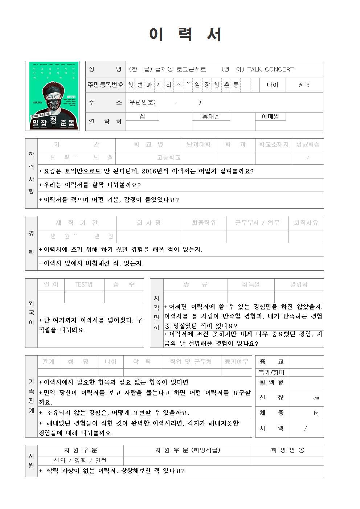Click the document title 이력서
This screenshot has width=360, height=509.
click(185, 34)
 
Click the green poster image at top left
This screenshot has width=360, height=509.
click(54, 95)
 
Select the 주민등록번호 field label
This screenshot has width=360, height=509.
click(106, 85)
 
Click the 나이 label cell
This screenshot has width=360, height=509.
click(273, 85)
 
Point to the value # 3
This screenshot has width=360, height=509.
click(304, 85)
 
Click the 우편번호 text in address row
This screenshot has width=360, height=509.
click(142, 102)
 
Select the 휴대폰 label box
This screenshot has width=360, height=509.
click(211, 116)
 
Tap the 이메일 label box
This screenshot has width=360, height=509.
click(270, 116)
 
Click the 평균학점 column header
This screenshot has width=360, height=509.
click(308, 144)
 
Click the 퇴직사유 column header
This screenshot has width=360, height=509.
click(306, 223)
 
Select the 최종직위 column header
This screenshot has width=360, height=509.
click(204, 223)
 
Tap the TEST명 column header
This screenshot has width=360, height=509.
click(84, 284)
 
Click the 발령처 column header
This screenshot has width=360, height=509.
click(299, 284)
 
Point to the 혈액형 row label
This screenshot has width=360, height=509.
click(271, 382)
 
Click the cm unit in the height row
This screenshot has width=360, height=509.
click(316, 398)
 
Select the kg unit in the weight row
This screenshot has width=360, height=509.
click(316, 413)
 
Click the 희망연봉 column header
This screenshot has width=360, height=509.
click(288, 450)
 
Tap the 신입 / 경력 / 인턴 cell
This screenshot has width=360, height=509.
click(80, 461)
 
